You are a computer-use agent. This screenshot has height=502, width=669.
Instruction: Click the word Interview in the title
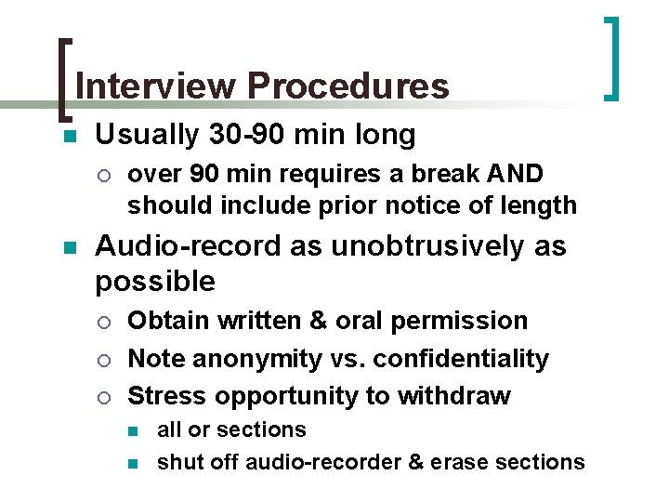click(x=155, y=86)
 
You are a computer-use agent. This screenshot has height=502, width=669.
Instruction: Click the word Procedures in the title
click(x=348, y=86)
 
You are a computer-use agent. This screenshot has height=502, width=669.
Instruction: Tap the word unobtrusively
click(x=425, y=246)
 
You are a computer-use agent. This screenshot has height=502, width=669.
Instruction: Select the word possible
click(x=155, y=281)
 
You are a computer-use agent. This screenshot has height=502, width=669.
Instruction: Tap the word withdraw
click(x=456, y=396)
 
